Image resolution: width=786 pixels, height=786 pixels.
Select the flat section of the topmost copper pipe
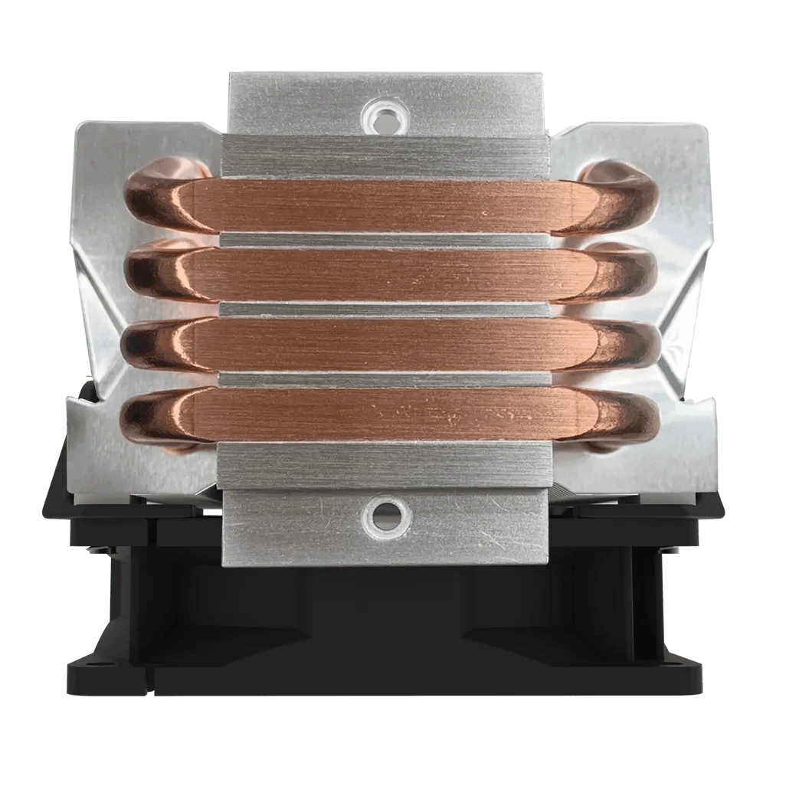tap(383, 206)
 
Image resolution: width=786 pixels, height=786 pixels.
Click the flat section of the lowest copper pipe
tap(383, 413)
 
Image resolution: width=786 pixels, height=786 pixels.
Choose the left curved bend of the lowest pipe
tap(153, 418)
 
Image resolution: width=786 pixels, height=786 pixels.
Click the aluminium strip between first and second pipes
tap(383, 240)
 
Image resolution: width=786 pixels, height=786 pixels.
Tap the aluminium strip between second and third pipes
tap(383, 309)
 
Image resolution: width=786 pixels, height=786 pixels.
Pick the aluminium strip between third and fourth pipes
tap(383, 378)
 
